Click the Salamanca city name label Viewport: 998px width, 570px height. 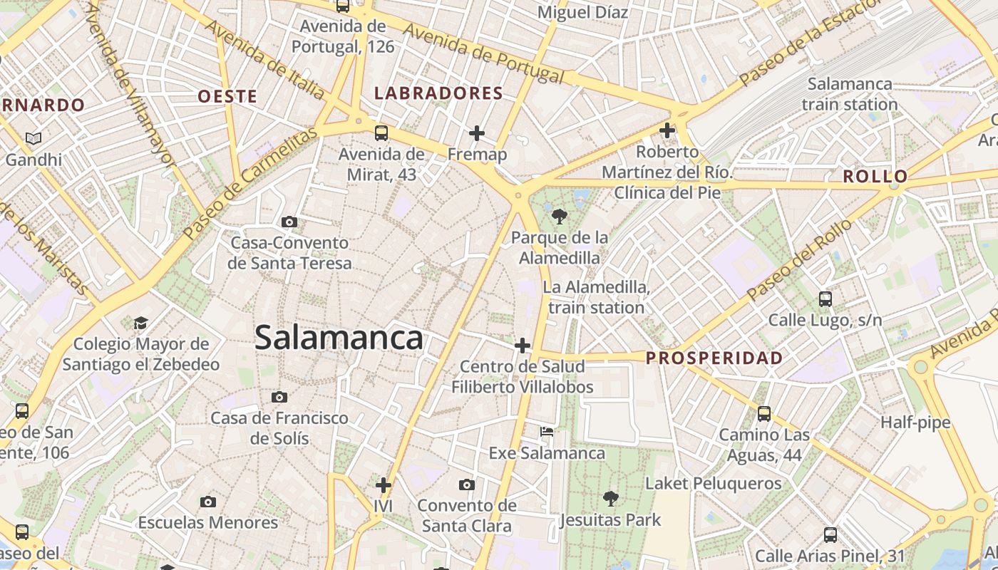click(339, 338)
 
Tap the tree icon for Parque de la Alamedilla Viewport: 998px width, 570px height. click(560, 216)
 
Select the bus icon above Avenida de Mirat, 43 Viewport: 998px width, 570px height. click(381, 133)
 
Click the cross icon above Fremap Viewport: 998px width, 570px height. click(477, 133)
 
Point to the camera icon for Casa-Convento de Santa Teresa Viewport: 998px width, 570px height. click(289, 222)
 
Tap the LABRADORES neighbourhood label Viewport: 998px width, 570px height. click(438, 93)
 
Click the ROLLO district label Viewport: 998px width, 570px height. click(875, 177)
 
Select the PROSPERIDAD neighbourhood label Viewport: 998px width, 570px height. click(714, 358)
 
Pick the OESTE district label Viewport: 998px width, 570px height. click(227, 96)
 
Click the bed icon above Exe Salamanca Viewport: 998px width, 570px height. click(547, 432)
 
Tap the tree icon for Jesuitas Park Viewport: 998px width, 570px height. click(610, 498)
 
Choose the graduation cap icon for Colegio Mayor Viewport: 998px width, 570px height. click(140, 323)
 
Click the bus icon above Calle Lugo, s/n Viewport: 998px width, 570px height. click(825, 299)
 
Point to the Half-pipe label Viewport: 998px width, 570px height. click(915, 423)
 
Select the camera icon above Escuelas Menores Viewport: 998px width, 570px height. click(207, 502)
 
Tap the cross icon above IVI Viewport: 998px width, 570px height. click(384, 485)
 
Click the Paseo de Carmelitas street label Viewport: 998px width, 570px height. click(249, 184)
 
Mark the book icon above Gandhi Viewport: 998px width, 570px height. click(34, 139)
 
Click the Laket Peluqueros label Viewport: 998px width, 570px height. click(713, 484)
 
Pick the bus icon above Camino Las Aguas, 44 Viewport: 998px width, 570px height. click(764, 413)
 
